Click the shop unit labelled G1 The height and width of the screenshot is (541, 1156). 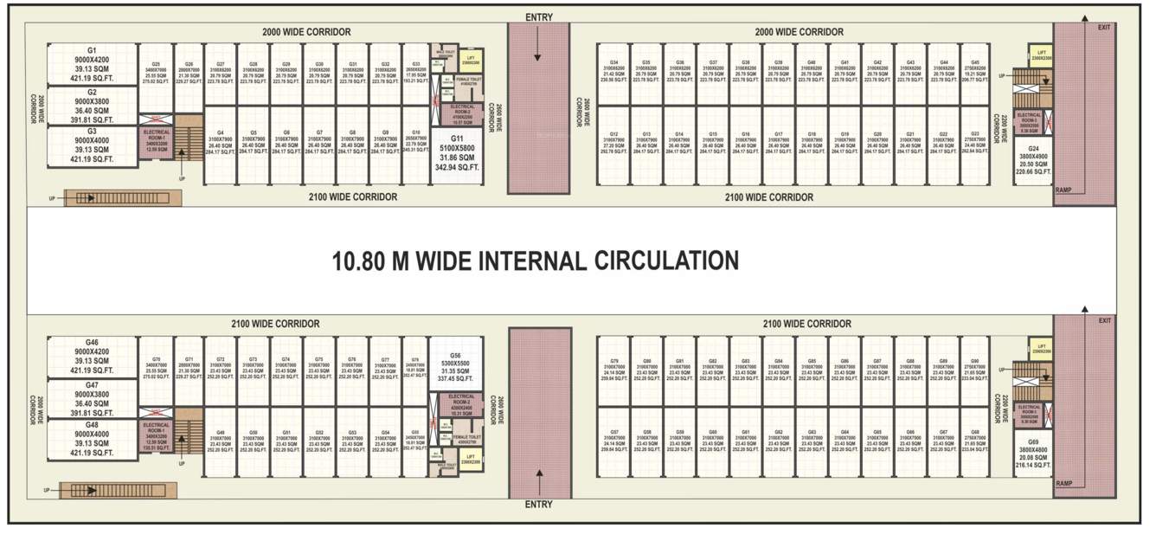[x=92, y=64]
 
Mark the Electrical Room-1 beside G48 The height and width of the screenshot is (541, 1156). [x=156, y=436]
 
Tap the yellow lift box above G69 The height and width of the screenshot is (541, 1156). [x=1039, y=350]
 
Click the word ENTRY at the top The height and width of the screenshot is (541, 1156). [x=538, y=17]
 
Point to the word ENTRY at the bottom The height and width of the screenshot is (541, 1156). [x=538, y=505]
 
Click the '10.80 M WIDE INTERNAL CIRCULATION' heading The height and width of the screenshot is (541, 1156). [x=535, y=260]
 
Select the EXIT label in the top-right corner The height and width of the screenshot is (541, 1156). [x=1103, y=28]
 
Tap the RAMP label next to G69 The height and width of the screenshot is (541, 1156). [x=1064, y=483]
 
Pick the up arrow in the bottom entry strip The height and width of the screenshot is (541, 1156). [x=538, y=479]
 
